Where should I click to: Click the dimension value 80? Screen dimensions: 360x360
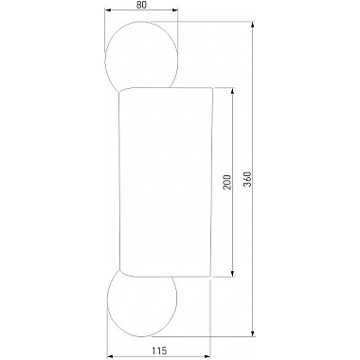pyautogui.click(x=141, y=6)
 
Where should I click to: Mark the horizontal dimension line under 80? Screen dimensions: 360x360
pyautogui.click(x=142, y=16)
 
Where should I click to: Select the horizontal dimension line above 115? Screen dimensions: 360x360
pyautogui.click(x=142, y=356)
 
